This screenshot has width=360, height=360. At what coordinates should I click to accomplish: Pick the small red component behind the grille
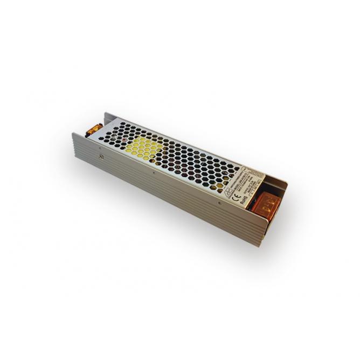pos(125,142)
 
